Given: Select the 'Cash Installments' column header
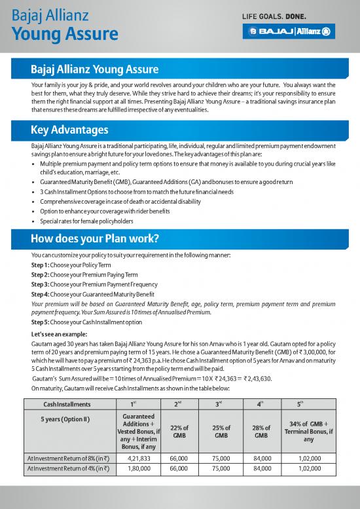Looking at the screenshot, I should tap(63, 404).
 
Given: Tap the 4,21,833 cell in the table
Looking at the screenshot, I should tap(134, 459).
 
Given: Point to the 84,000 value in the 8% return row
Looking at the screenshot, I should tap(261, 459).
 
